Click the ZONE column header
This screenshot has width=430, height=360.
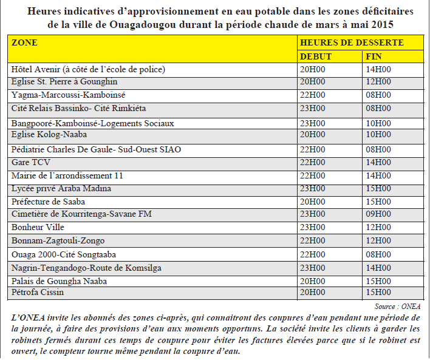25,42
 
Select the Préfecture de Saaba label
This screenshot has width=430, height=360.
49,202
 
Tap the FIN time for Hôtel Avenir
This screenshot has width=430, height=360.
378,69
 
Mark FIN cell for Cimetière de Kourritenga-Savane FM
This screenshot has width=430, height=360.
378,214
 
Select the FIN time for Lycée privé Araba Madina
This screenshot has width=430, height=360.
378,189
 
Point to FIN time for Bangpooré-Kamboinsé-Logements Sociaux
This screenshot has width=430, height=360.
378,123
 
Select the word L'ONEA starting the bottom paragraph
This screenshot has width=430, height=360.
27,318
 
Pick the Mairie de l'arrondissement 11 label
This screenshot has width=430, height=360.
67,175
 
